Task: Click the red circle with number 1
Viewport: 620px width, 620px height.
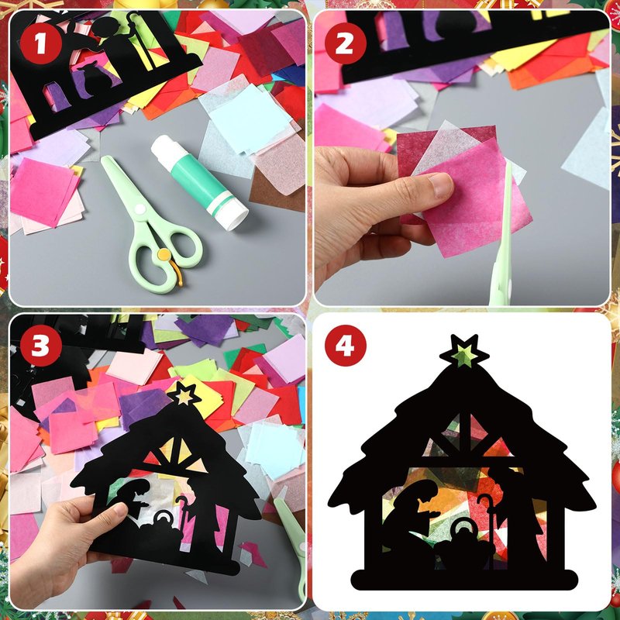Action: tap(41, 43)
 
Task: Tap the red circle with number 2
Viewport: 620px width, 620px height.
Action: tap(344, 43)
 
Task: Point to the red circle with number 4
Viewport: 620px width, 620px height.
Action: tap(345, 345)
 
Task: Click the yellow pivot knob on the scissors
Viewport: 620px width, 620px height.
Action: tap(164, 254)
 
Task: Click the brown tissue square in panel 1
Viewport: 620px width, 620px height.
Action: tap(272, 191)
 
